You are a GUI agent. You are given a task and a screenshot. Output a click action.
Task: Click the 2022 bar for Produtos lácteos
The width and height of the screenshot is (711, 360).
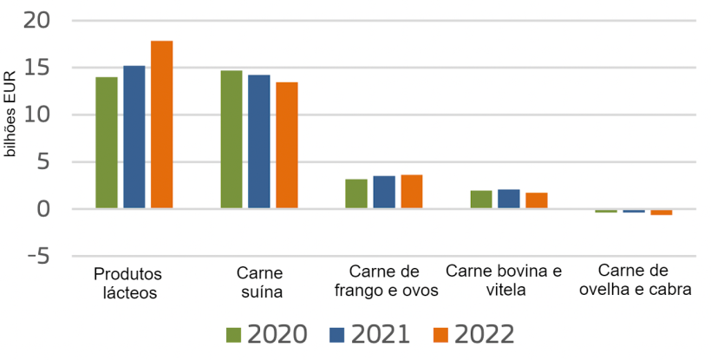162,124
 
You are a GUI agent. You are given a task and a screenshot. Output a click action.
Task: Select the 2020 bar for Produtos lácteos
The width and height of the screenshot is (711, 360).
107,142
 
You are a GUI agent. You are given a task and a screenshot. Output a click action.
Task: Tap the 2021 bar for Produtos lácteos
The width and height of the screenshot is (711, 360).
134,136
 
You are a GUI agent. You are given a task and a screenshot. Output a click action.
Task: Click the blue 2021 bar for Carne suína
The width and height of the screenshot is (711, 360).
259,141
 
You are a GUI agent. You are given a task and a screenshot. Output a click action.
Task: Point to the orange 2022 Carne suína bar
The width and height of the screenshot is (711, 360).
287,145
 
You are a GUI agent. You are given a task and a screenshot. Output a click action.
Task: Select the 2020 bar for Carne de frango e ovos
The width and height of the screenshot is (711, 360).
356,193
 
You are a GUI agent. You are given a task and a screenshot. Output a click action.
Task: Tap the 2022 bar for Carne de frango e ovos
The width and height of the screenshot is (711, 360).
412,192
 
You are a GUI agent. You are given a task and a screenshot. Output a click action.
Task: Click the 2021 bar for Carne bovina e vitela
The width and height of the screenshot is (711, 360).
509,199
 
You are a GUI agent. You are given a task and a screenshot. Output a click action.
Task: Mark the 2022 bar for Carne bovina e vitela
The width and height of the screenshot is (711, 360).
537,200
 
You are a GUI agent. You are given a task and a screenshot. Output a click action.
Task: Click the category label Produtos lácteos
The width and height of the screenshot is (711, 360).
127,284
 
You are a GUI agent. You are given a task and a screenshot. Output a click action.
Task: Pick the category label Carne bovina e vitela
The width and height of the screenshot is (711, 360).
504,280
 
